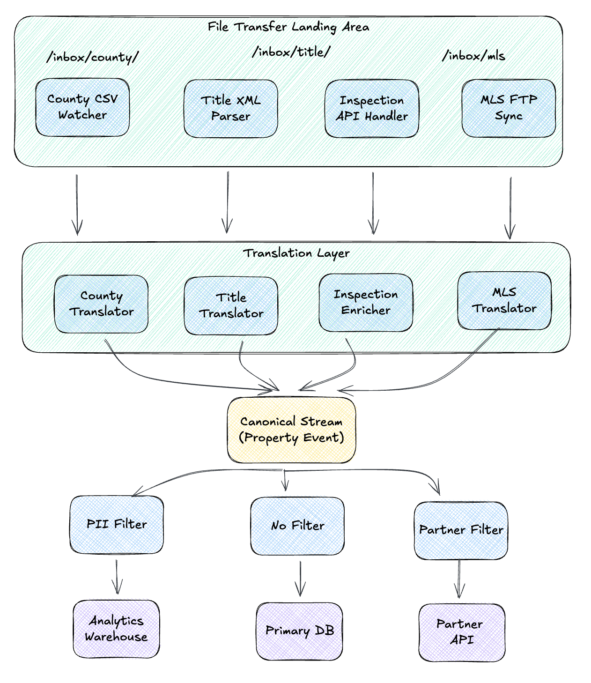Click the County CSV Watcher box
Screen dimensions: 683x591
82,107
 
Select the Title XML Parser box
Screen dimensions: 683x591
230,109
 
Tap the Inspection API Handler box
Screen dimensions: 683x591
372,109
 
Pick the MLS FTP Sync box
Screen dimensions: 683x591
509,108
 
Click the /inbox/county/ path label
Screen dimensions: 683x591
93,57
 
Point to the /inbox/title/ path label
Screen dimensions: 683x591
291,52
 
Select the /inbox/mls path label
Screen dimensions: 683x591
473,56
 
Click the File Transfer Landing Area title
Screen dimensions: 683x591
288,27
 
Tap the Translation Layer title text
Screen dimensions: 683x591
296,253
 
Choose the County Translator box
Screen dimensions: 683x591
101,304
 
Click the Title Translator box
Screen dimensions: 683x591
231,306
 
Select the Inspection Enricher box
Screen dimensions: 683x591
366,303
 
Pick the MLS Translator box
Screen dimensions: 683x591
504,301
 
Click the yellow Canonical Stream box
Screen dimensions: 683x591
291,430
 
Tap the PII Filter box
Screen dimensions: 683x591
117,524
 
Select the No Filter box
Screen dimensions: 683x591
297,526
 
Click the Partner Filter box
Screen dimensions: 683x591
461,530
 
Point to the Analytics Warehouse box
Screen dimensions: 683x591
116,629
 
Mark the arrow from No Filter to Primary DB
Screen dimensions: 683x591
300,579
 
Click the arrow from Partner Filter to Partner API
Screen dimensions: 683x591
459,579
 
